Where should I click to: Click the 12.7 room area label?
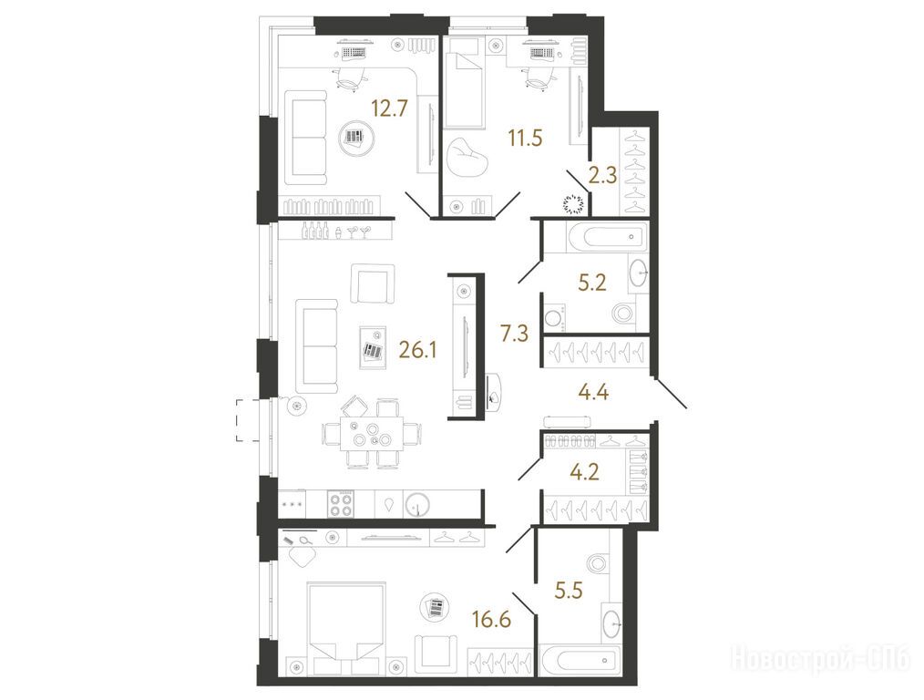[x=389, y=108]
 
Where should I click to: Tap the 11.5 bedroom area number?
[x=525, y=139]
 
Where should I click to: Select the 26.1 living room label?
[x=417, y=351]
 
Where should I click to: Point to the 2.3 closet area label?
[x=602, y=176]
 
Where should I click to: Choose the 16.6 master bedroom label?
[x=491, y=619]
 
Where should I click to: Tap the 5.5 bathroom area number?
[x=569, y=590]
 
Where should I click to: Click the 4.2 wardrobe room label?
[x=585, y=472]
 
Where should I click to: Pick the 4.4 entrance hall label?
[x=593, y=391]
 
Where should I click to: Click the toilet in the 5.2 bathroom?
[x=624, y=313]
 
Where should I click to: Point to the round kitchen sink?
[x=417, y=504]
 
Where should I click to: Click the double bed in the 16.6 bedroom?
[x=346, y=628]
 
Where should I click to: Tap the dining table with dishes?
[x=371, y=434]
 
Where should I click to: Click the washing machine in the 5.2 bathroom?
[x=554, y=318]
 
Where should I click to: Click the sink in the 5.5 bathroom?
[x=612, y=622]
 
